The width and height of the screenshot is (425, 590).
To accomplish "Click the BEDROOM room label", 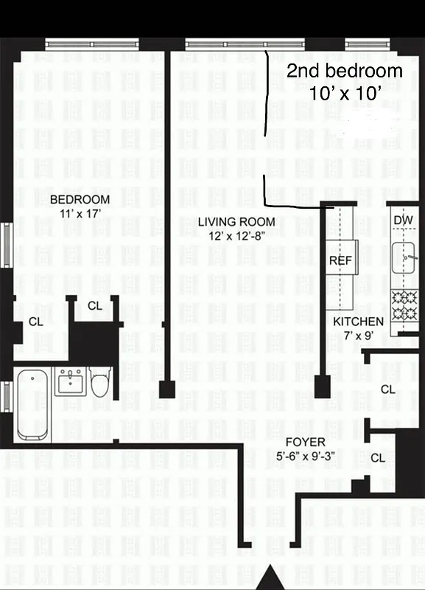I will pyautogui.click(x=80, y=200).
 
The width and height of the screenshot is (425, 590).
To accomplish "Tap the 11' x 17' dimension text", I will pyautogui.click(x=80, y=215).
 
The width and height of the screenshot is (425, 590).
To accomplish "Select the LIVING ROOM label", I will pyautogui.click(x=236, y=222).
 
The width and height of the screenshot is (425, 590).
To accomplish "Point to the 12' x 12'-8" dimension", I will pyautogui.click(x=236, y=236).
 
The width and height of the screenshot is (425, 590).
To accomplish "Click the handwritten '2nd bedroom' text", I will pyautogui.click(x=345, y=72).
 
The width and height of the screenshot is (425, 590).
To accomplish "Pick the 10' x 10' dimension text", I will pyautogui.click(x=345, y=94).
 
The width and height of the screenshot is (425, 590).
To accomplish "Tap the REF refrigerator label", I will pyautogui.click(x=339, y=262).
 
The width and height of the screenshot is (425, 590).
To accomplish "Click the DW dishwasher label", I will pyautogui.click(x=402, y=220).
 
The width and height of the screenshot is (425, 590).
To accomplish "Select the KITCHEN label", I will pyautogui.click(x=358, y=322).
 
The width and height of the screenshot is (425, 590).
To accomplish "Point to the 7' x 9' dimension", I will pyautogui.click(x=358, y=336).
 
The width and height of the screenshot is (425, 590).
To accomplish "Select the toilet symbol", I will pyautogui.click(x=99, y=383).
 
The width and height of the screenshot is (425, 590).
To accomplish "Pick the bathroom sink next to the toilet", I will pyautogui.click(x=70, y=382).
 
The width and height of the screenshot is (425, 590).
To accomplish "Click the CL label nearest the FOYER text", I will pyautogui.click(x=378, y=458).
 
